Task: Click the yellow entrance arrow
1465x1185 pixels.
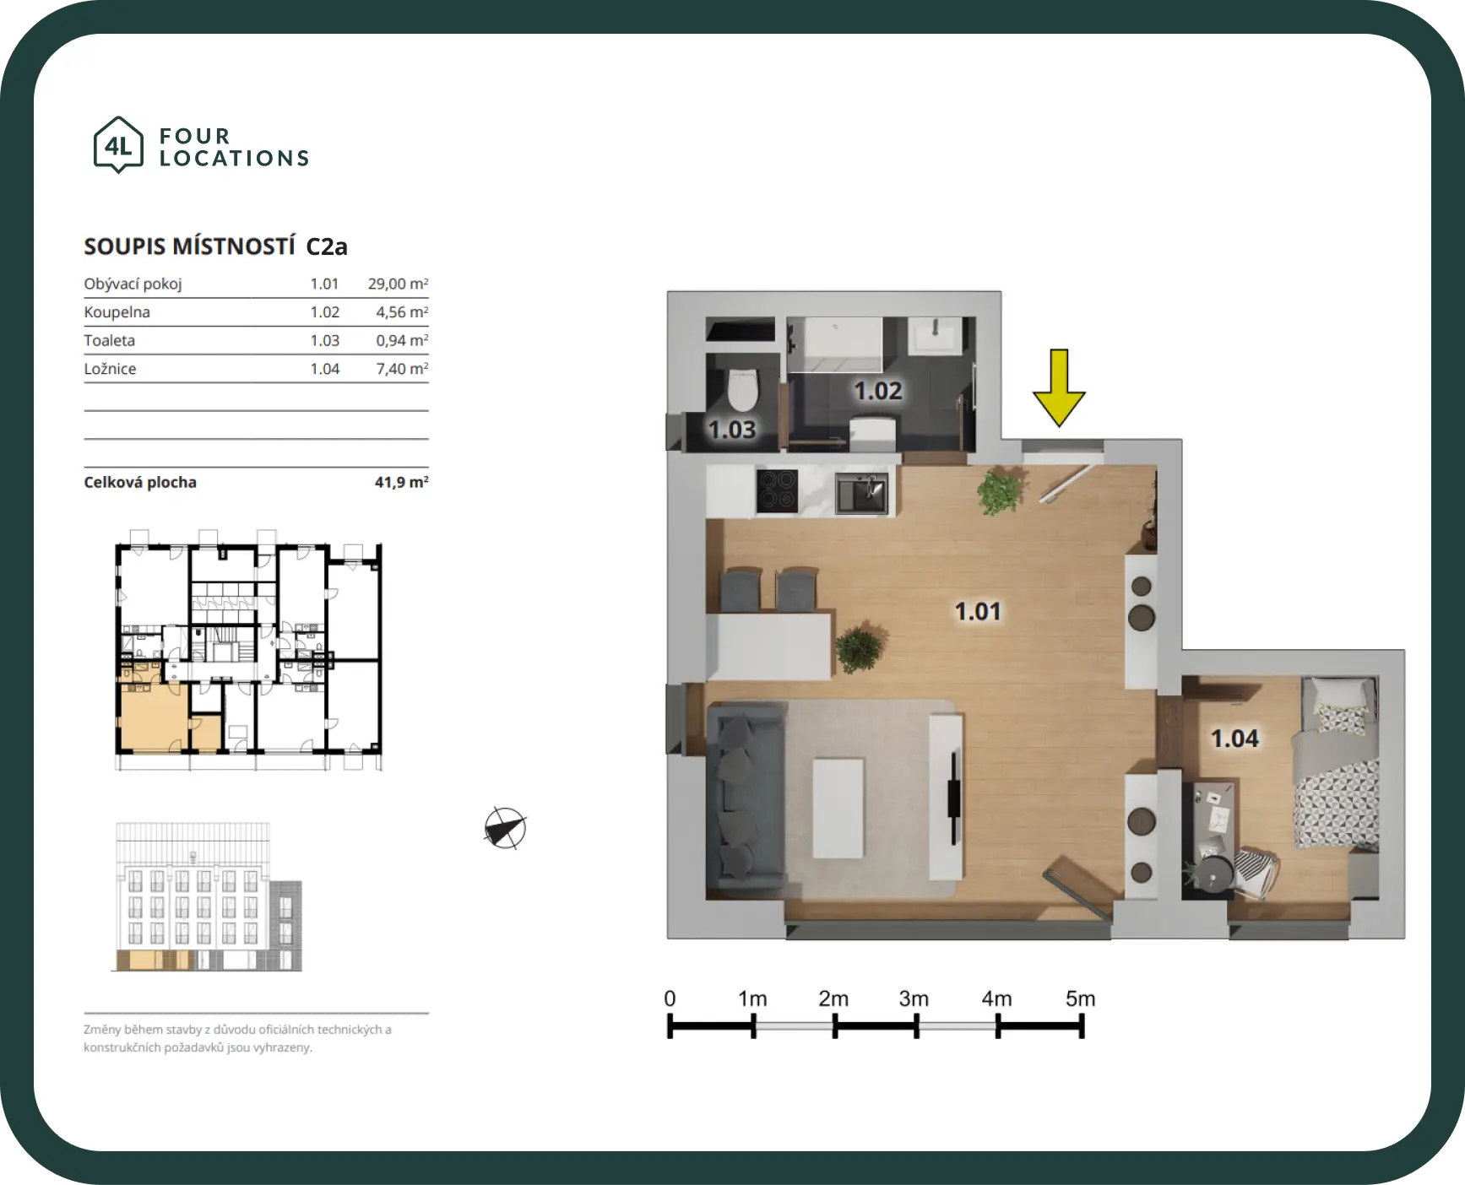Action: pos(1059,387)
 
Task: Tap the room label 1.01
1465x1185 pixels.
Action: pos(978,611)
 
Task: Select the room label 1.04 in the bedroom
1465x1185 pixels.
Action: pos(1234,739)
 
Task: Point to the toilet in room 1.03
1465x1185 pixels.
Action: pos(743,387)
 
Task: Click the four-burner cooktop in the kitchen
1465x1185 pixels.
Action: pos(777,490)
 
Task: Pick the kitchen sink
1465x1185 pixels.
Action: pos(861,493)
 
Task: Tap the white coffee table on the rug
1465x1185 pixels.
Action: pos(838,807)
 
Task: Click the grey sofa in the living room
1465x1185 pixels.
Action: pos(746,797)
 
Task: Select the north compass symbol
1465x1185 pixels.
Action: pos(505,828)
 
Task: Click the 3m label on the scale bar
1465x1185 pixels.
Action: pos(914,999)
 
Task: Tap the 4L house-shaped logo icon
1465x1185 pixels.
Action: pos(118,145)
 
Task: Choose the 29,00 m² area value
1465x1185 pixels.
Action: pos(398,284)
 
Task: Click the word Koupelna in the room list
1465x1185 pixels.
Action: pos(117,312)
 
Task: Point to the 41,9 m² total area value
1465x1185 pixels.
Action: pos(401,482)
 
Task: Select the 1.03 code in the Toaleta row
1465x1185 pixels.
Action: pos(324,340)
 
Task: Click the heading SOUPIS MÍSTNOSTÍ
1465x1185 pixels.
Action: pos(189,246)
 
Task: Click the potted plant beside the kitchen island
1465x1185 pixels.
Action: pos(860,648)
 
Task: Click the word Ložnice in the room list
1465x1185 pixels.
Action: pos(110,369)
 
